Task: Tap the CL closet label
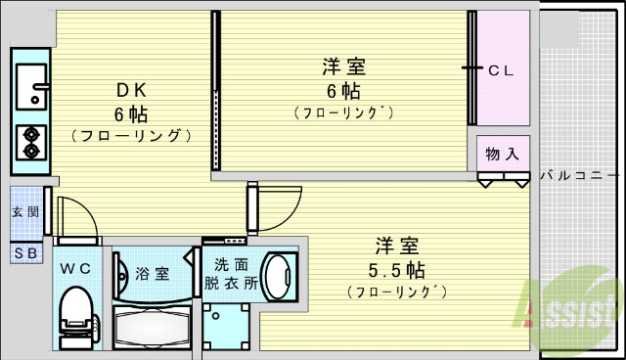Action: coord(502,69)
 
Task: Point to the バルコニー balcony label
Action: coord(578,177)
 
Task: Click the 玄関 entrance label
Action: coord(25,212)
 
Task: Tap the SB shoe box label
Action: coord(25,252)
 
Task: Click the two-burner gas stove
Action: coord(29,143)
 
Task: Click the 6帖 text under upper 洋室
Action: coord(343,91)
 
